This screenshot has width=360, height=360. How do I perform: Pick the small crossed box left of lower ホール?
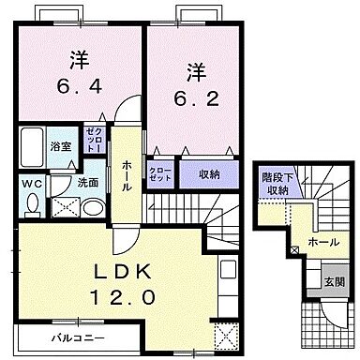pyautogui.click(x=295, y=249)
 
